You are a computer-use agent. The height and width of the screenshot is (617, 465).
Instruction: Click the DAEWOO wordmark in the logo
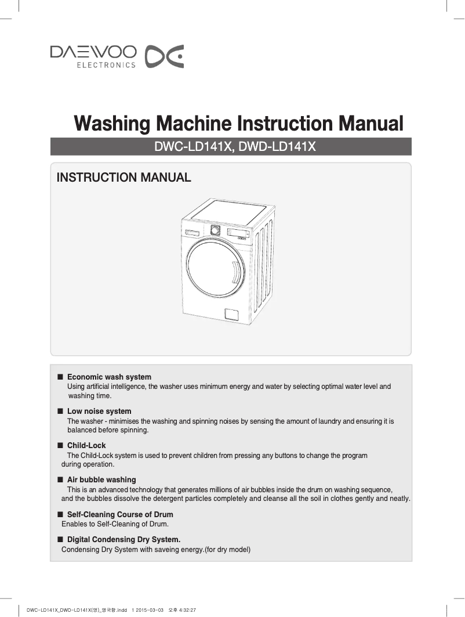point(93,52)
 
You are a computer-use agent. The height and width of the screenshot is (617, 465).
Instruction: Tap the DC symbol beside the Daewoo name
point(164,56)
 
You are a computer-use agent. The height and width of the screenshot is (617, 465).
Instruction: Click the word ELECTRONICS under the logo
point(106,65)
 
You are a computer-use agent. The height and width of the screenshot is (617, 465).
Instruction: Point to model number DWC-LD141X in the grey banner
point(190,147)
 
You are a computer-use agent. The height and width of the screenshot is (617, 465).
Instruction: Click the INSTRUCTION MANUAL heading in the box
point(123,178)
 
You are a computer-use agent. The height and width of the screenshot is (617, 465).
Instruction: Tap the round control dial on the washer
point(215,229)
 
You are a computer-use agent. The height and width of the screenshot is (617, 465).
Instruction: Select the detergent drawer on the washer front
point(192,233)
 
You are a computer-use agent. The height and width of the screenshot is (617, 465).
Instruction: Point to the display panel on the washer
point(238,233)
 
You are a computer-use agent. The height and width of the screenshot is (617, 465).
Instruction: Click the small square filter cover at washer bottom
point(231,314)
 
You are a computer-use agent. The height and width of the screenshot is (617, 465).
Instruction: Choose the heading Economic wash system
point(109,377)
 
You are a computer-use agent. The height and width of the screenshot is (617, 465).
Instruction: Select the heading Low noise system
point(99,412)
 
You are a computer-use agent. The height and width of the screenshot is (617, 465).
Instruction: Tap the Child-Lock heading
point(86,446)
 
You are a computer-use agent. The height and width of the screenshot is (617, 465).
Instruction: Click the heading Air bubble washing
point(101,480)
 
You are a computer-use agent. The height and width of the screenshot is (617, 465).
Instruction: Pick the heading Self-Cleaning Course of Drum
point(120,515)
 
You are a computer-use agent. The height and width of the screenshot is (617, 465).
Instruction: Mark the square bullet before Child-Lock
point(59,446)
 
